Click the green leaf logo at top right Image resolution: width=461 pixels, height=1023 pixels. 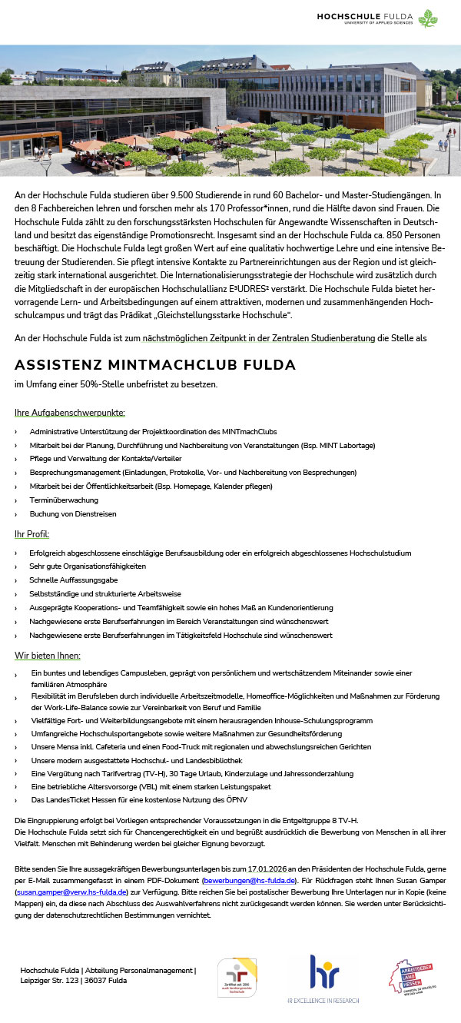click(428, 18)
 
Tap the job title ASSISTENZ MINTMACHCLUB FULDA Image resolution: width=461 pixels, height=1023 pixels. click(155, 364)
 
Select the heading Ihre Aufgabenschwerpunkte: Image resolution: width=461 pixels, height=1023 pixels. click(69, 413)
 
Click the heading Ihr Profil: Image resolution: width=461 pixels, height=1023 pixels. click(32, 533)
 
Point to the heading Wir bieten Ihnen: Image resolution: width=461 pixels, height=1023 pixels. click(47, 655)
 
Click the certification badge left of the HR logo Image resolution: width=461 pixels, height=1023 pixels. click(237, 978)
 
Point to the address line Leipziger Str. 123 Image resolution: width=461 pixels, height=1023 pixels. click(51, 981)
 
